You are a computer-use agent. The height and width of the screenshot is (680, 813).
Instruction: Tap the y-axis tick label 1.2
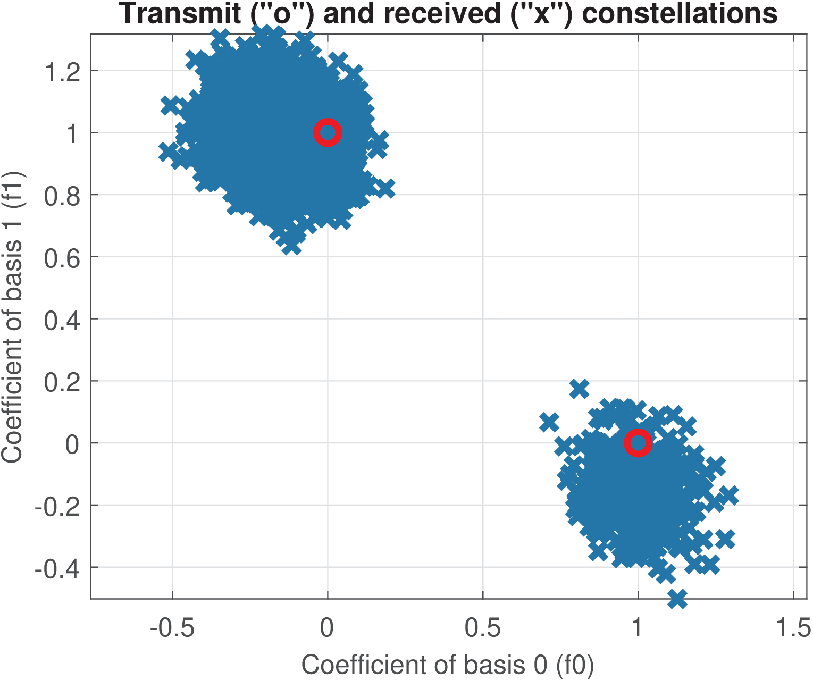click(x=62, y=71)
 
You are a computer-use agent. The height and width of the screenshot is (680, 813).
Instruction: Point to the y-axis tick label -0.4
click(x=57, y=568)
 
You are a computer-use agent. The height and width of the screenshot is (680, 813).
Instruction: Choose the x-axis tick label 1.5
click(x=793, y=628)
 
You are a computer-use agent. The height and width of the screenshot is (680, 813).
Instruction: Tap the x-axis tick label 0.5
click(x=483, y=628)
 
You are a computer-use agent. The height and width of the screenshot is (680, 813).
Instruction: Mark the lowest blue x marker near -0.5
click(x=677, y=598)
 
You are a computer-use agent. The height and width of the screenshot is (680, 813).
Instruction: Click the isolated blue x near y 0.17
click(x=579, y=389)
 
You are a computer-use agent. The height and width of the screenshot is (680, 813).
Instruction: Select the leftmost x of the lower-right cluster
click(x=549, y=423)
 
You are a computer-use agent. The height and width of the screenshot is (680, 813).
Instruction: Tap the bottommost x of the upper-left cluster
click(x=291, y=246)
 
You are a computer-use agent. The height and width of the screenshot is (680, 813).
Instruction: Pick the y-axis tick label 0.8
click(x=62, y=196)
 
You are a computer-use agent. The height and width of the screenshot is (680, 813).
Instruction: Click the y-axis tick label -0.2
click(x=57, y=506)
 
